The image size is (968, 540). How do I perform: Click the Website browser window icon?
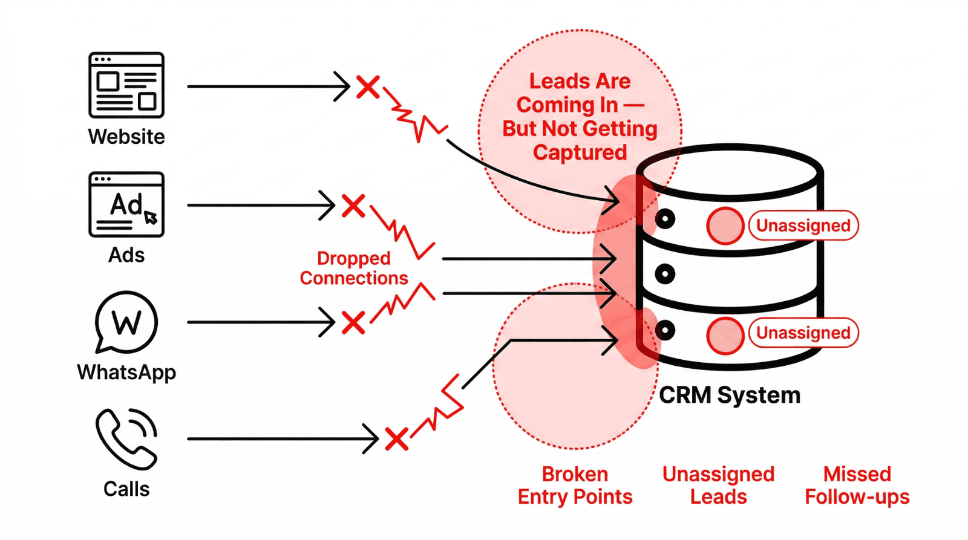[x=126, y=85]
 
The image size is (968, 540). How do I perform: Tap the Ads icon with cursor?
[x=126, y=204]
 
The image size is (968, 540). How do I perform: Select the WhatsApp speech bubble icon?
[x=126, y=322]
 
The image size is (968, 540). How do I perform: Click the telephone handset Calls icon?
[x=126, y=439]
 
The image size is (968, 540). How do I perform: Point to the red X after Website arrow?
[x=368, y=87]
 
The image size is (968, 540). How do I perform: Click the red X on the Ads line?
[x=353, y=206]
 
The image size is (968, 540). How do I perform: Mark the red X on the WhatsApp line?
[x=353, y=322]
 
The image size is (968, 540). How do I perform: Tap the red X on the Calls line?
[x=397, y=439]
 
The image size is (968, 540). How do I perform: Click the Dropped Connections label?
[x=354, y=268]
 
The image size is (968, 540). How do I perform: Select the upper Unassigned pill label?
[x=803, y=226]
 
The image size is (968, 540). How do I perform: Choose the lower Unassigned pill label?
[x=803, y=333]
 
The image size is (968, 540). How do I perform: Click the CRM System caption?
[x=730, y=395]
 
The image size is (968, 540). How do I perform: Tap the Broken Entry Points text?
[x=575, y=486]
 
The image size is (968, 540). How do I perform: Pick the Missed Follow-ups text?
[x=857, y=486]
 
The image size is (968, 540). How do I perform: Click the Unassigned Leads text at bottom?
[x=718, y=486]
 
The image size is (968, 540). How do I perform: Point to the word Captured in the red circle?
[x=580, y=152]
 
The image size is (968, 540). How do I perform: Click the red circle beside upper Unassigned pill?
[x=725, y=226]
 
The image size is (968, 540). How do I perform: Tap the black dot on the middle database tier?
[x=665, y=274]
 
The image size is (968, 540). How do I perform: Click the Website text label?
[x=126, y=137]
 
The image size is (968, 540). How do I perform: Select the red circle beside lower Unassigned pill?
[x=725, y=335]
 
